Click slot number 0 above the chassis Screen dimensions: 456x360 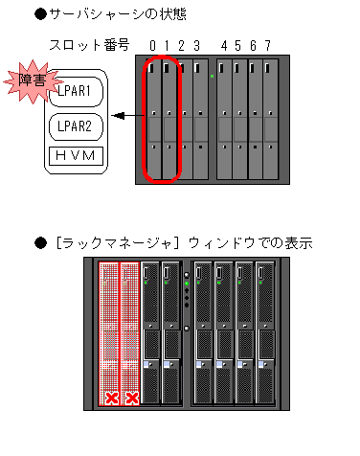(x=154, y=46)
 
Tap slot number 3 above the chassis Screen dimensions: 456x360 (x=197, y=46)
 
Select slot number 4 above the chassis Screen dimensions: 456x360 (x=224, y=46)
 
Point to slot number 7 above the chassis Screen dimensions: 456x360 (x=267, y=46)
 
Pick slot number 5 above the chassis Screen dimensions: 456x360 (x=238, y=46)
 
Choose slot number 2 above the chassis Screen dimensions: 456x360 (x=183, y=46)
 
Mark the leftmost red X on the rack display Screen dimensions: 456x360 (x=112, y=398)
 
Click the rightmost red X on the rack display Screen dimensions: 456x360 (x=132, y=398)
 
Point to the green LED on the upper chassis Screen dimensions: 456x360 (x=211, y=76)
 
